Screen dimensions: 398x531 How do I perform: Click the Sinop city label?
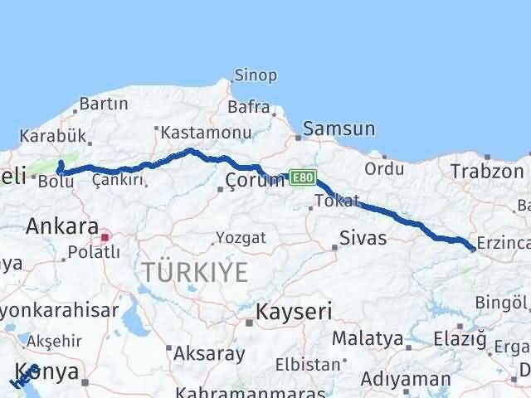(x=256, y=75)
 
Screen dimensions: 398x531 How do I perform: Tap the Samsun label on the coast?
(x=339, y=129)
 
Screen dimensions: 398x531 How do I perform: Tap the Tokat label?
(x=338, y=201)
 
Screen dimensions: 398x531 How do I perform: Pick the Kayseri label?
(x=294, y=312)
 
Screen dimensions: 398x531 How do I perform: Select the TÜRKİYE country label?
(x=195, y=271)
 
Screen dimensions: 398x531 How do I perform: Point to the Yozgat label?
(x=241, y=238)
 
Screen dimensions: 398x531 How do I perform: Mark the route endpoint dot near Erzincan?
(x=472, y=248)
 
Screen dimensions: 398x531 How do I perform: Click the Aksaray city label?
(x=209, y=353)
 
